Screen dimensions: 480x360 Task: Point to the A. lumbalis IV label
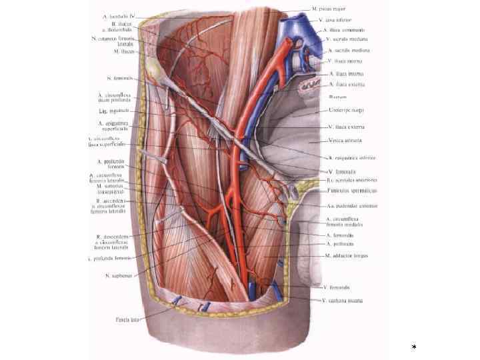(118, 14)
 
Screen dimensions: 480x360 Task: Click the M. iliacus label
(125, 51)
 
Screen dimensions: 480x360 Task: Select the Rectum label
(338, 97)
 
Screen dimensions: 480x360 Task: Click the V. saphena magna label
(343, 301)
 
